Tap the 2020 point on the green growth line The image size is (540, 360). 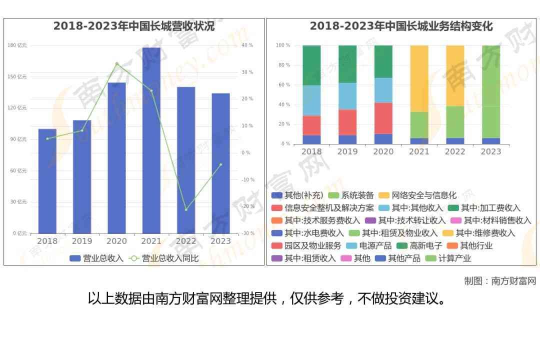116,63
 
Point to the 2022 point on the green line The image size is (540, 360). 186,209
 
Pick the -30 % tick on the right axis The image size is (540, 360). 247,233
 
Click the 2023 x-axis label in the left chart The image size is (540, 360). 220,241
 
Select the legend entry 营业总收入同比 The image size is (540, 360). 165,258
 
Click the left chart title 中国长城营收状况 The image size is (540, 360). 134,26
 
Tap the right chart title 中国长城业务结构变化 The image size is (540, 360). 401,26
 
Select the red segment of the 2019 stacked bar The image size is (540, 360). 347,122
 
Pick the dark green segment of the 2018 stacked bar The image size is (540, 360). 311,65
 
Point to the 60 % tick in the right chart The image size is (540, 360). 283,85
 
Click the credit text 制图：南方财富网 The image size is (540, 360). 499,281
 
